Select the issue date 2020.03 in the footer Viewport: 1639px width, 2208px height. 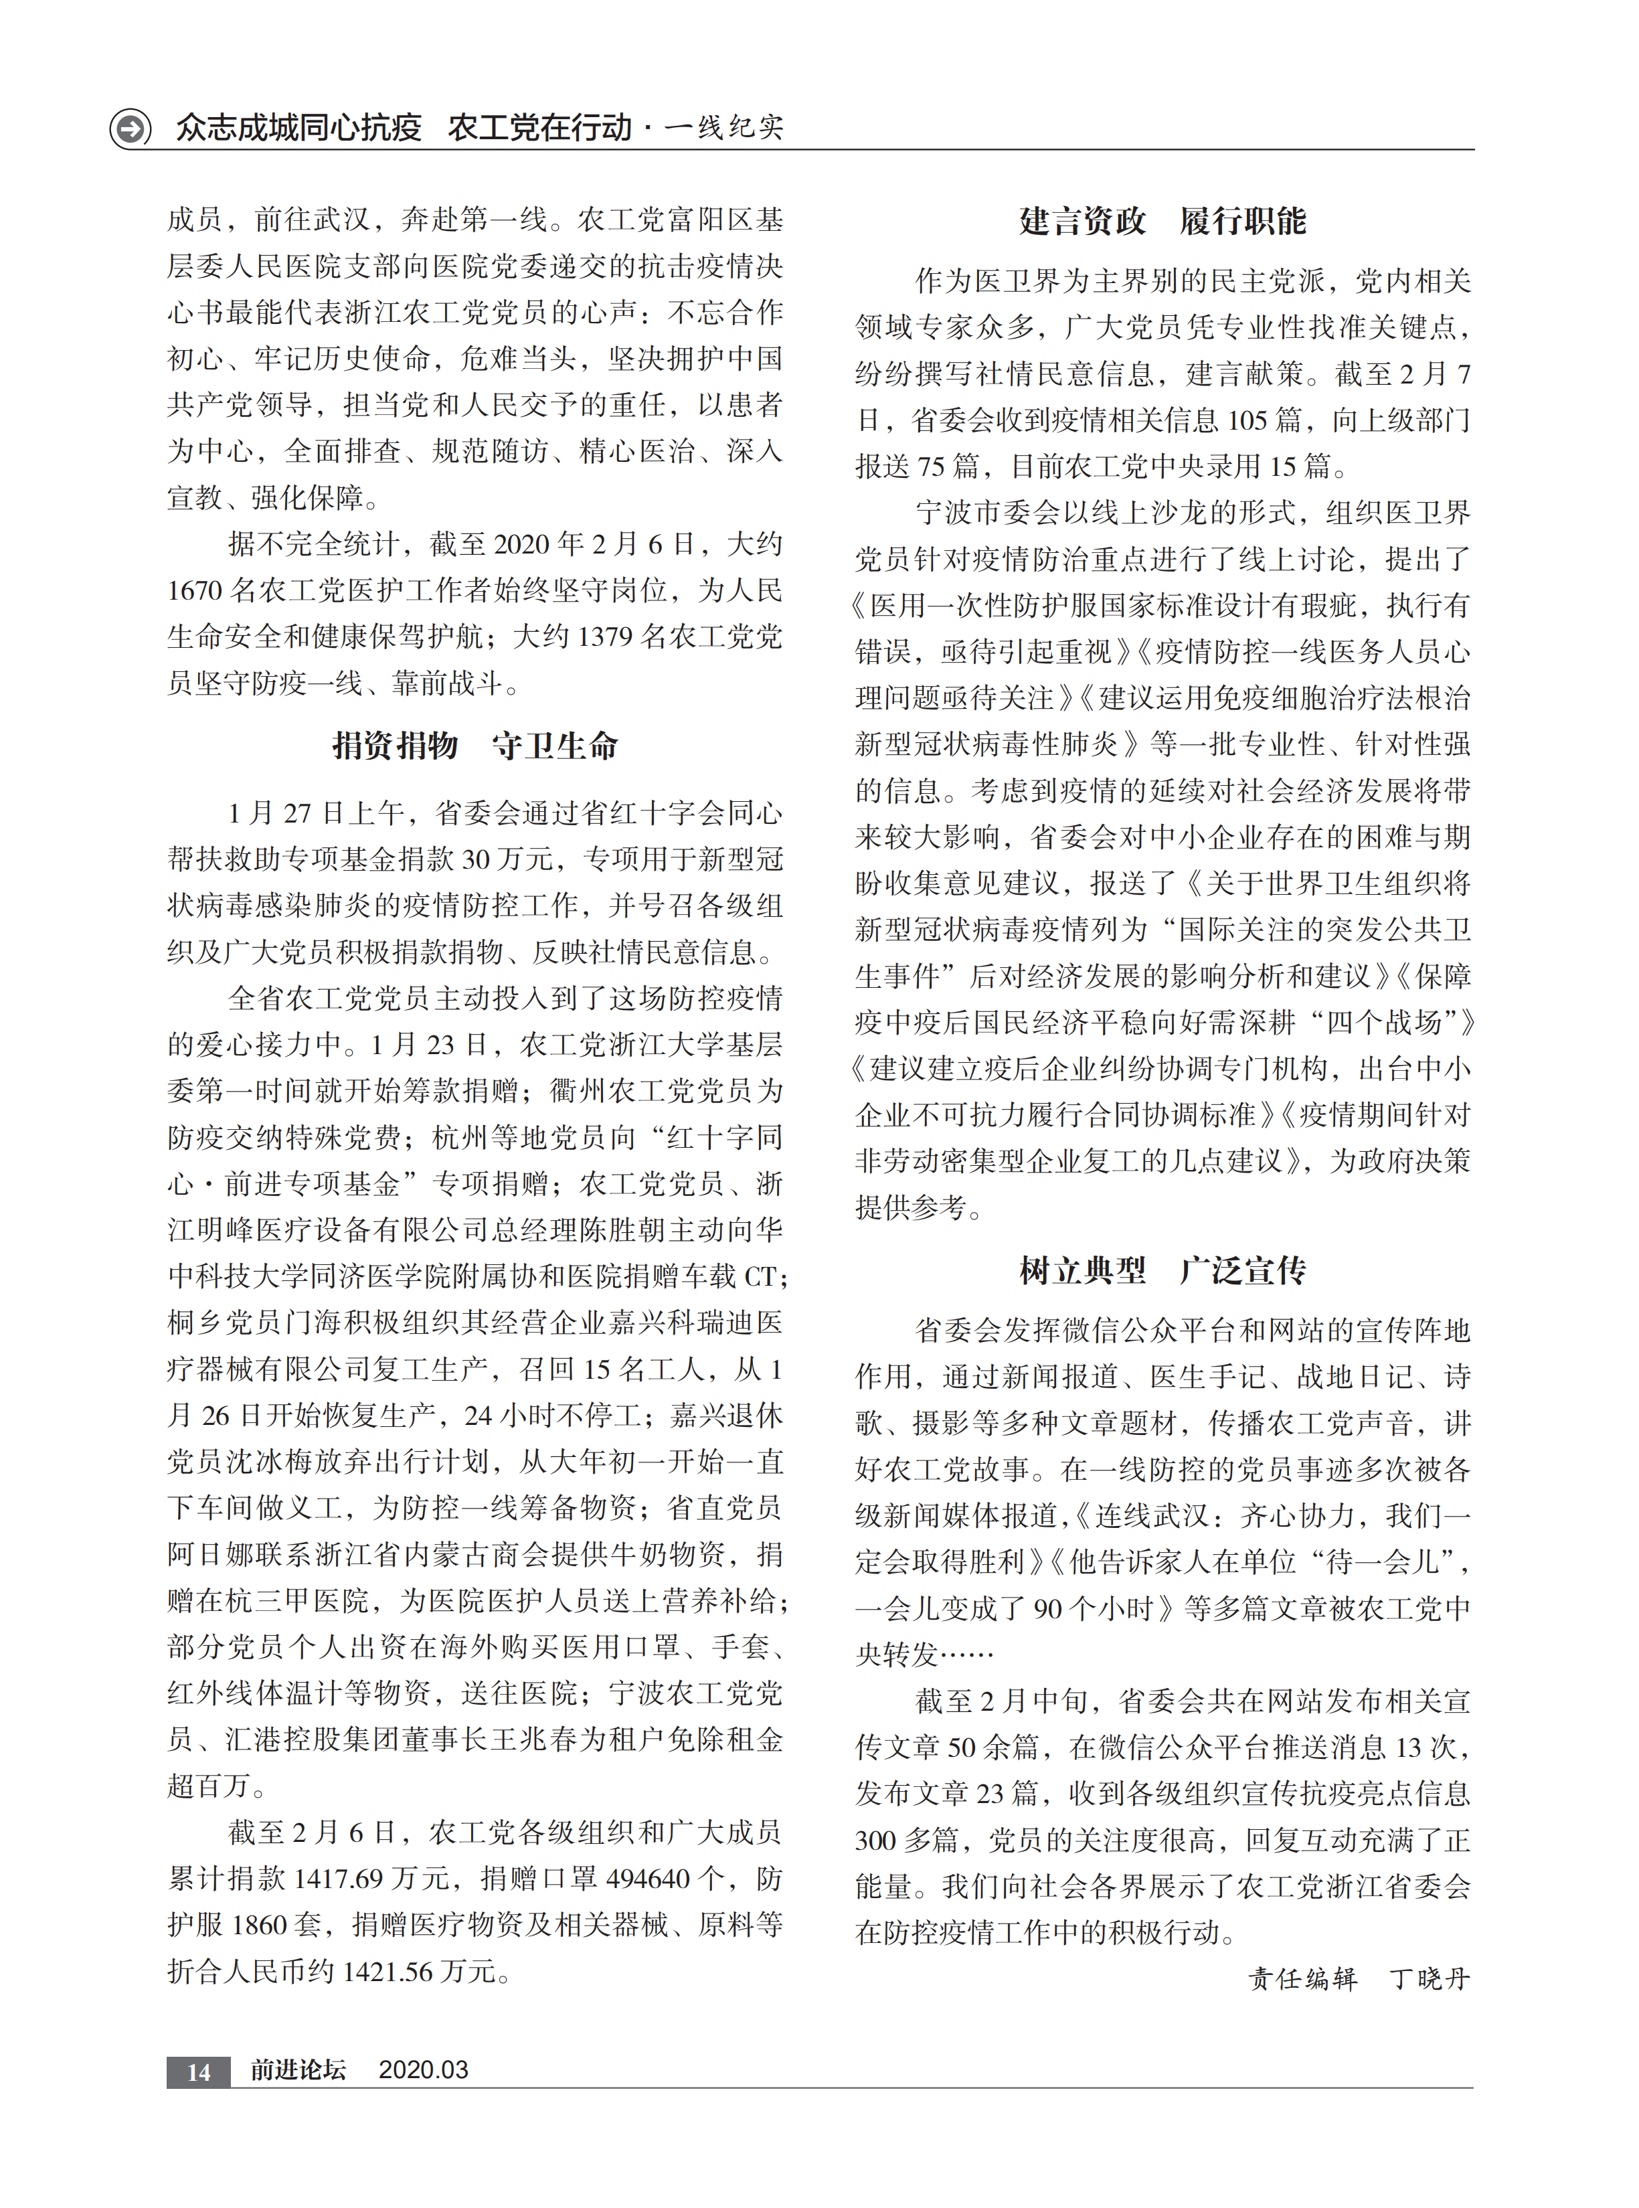click(x=423, y=2070)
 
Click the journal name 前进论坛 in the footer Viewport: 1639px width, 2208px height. click(x=298, y=2070)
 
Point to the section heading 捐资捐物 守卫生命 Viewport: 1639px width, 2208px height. click(x=475, y=746)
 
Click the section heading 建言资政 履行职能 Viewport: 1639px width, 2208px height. click(x=1162, y=221)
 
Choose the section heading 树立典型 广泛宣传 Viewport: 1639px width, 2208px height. click(x=1162, y=1270)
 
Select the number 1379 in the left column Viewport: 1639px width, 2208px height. click(x=604, y=636)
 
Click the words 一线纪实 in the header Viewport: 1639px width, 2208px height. click(x=724, y=128)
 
